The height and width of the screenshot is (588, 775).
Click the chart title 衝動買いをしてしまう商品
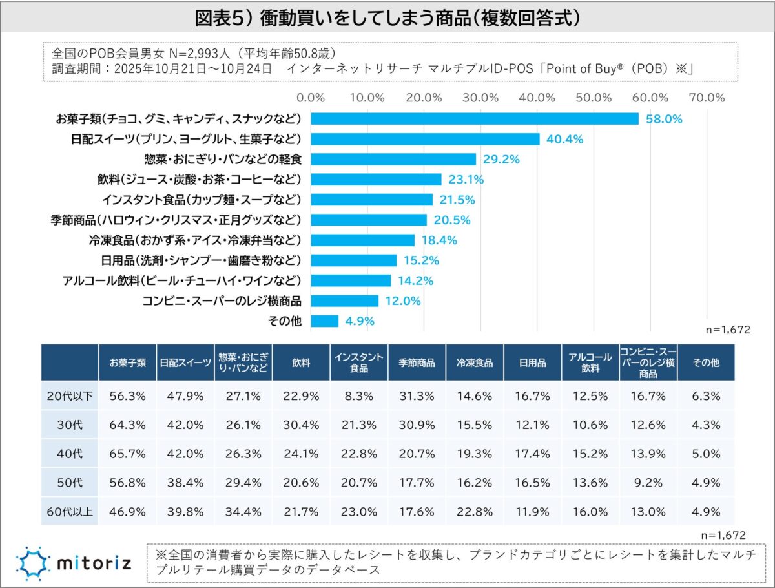coord(387,17)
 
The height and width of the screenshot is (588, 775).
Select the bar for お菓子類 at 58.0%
coord(475,119)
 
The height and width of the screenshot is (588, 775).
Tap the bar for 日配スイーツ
coord(425,139)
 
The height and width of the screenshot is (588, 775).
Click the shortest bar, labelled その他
coord(325,321)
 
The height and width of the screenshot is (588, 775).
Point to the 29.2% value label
coord(502,159)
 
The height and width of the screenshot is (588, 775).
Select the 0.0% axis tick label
coord(311,98)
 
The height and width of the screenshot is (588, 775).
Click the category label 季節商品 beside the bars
coord(176,220)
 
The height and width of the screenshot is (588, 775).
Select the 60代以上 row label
coord(70,512)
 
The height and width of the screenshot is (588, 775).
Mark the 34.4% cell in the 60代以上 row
coord(243,512)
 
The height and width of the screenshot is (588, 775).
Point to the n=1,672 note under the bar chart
coord(727,330)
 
